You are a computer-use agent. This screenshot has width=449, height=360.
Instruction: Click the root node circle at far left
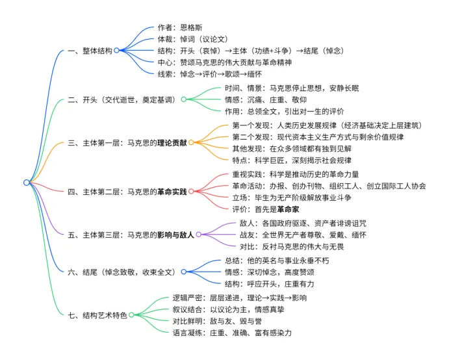[27, 183]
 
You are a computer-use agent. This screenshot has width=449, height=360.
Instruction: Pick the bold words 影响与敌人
[173, 234]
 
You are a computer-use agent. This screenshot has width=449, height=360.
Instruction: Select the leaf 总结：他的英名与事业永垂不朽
[276, 261]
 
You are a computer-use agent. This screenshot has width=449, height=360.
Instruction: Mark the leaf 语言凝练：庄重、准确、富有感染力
[231, 332]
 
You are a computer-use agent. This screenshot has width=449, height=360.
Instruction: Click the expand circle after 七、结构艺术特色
[133, 315]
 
